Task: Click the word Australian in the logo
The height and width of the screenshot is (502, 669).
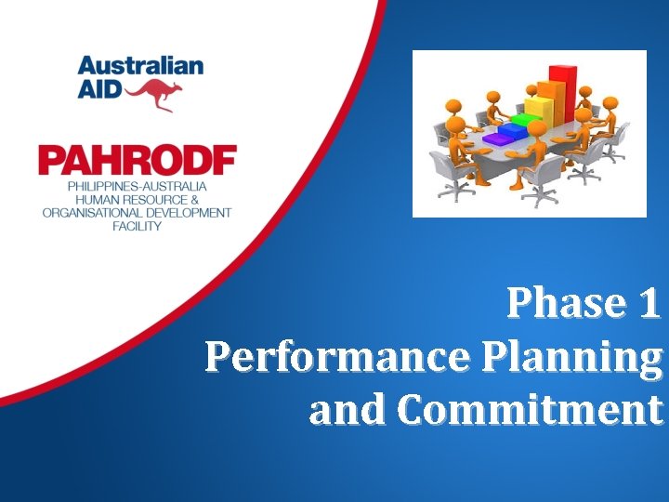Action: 140,66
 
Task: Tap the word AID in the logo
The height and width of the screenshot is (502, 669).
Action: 98,91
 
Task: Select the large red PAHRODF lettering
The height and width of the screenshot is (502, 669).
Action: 137,161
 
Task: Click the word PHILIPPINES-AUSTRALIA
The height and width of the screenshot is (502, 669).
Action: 137,186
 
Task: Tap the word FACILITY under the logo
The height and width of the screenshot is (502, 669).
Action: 137,226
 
